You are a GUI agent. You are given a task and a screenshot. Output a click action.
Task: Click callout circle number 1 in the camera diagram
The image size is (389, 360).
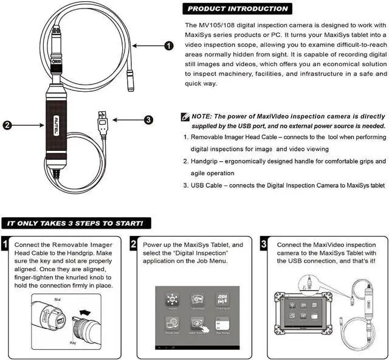pyautogui.click(x=168, y=46)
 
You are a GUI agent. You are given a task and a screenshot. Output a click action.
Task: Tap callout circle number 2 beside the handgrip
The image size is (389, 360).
pyautogui.click(x=7, y=126)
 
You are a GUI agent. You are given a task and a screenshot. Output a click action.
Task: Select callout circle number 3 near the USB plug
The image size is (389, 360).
pyautogui.click(x=148, y=120)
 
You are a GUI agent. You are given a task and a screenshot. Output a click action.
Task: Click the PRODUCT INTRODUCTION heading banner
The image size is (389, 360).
pyautogui.click(x=238, y=9)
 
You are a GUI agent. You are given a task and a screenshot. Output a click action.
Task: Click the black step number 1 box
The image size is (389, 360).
pyautogui.click(x=5, y=245)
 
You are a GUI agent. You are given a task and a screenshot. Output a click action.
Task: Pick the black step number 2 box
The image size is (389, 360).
pyautogui.click(x=134, y=245)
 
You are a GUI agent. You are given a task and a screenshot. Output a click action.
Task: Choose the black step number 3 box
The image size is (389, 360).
pyautogui.click(x=263, y=245)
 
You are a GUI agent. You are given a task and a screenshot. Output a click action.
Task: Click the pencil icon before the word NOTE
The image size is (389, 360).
pyautogui.click(x=186, y=116)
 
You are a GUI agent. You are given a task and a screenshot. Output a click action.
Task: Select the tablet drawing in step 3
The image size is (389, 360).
pyautogui.click(x=317, y=316)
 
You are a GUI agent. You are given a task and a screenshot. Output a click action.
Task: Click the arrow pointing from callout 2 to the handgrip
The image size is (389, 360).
pyautogui.click(x=27, y=126)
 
